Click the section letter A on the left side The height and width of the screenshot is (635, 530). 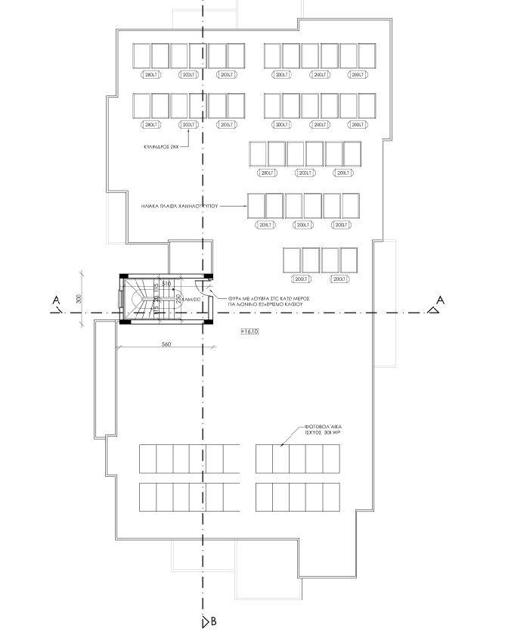tap(56, 300)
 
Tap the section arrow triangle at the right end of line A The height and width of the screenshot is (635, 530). tap(434, 310)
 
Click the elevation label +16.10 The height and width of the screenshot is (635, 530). tap(250, 332)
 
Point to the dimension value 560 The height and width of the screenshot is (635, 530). tap(166, 344)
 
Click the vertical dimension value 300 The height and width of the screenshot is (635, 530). tap(79, 299)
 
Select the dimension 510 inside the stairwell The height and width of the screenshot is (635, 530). tap(166, 283)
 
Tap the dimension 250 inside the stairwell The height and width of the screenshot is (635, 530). tap(179, 299)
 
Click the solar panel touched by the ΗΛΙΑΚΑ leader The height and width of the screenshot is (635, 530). tap(256, 204)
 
